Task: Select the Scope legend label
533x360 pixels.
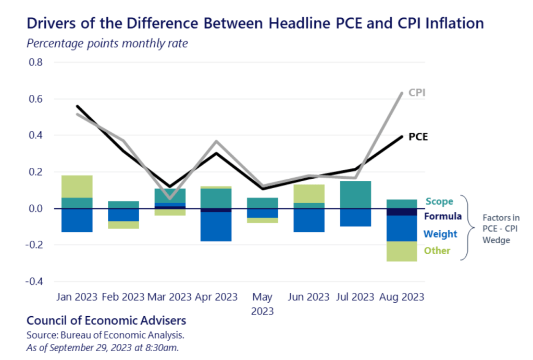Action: coord(439,201)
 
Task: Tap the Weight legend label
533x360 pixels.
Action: coord(440,234)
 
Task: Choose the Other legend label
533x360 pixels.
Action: coord(437,251)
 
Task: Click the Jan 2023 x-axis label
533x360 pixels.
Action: coord(76,297)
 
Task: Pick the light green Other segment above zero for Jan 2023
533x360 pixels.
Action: coord(77,187)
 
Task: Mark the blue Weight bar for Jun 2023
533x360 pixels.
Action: coord(308,220)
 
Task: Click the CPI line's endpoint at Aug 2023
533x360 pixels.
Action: coord(402,93)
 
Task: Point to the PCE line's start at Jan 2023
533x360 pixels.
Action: coord(77,106)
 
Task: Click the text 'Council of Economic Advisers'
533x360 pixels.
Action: coord(106,320)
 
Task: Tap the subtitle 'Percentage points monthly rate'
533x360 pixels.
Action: coord(107,43)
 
